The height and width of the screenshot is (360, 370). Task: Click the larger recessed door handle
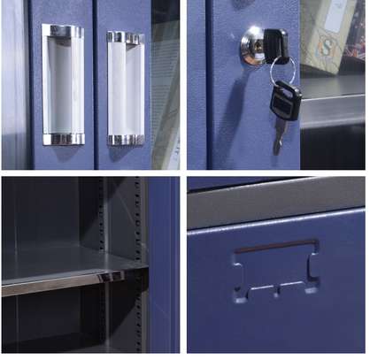63,85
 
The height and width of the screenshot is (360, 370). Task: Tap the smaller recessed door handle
125,88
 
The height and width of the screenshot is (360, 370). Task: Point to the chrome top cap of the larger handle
64,31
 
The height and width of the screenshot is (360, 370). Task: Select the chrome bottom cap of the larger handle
63,139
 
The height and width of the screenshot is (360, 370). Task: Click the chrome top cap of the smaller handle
125,38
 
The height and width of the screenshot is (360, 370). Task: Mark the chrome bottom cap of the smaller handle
125,140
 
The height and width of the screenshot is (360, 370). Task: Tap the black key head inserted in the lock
274,41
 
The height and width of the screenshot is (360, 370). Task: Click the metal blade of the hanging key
280,133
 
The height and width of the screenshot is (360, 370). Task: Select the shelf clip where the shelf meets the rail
112,277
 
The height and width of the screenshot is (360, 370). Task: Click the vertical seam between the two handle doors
95,85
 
